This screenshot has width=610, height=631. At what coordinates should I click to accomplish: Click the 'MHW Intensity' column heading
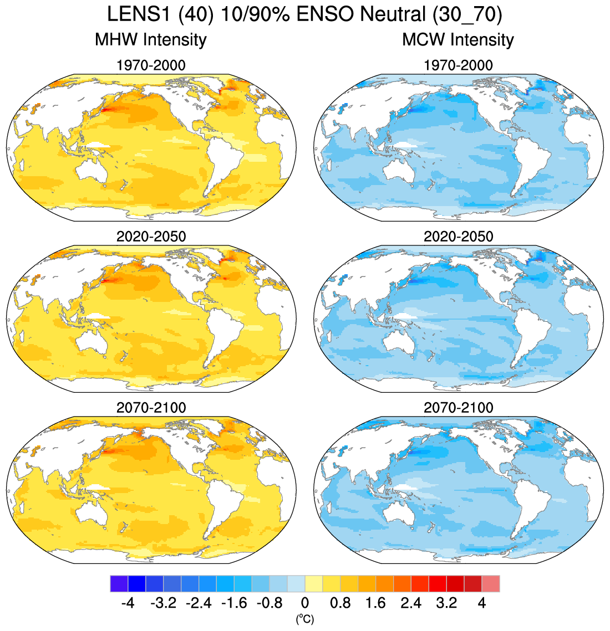click(150, 40)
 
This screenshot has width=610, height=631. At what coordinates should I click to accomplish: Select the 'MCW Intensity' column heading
click(457, 40)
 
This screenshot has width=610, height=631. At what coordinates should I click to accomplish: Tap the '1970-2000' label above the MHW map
click(151, 65)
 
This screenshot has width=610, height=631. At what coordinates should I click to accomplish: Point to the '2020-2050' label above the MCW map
click(458, 237)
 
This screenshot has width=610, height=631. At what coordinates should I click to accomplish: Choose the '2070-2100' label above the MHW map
click(151, 408)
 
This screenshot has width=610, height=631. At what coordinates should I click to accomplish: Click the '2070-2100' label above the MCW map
click(458, 408)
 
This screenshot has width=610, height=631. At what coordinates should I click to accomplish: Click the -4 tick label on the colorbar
click(128, 603)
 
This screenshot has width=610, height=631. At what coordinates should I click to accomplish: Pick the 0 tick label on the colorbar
click(304, 603)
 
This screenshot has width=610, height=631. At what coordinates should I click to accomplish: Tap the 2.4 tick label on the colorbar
click(411, 603)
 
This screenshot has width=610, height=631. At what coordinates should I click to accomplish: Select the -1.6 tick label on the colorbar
click(233, 603)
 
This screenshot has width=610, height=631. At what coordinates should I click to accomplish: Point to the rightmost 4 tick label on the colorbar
click(482, 603)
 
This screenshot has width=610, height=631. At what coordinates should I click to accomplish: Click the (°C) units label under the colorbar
click(304, 619)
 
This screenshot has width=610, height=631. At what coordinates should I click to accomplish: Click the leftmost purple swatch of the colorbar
click(119, 584)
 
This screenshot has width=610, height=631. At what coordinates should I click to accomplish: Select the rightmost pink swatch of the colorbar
click(491, 584)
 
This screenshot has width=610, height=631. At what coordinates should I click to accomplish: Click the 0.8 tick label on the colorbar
click(340, 603)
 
